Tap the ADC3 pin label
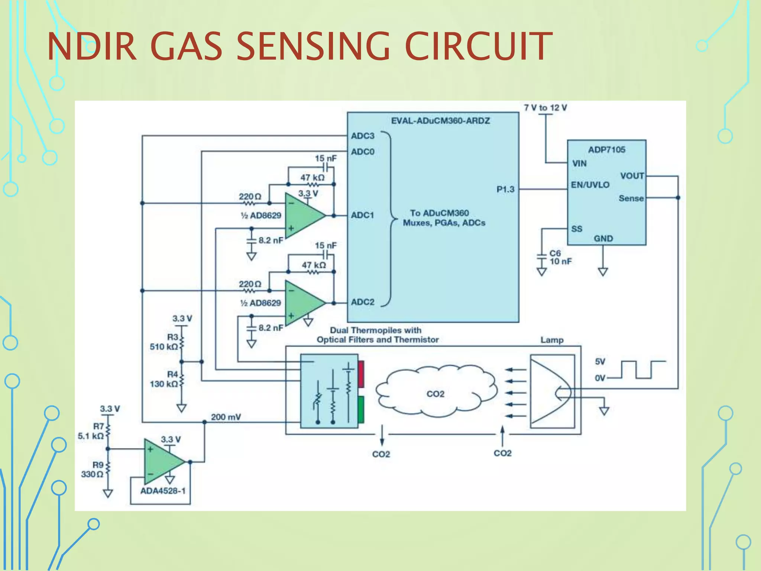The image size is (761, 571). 363,136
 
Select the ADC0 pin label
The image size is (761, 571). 363,152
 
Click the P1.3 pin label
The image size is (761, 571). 505,189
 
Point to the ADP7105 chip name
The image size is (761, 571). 606,149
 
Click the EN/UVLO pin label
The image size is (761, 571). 590,185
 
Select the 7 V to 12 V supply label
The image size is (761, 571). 545,108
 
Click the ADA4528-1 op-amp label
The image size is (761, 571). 163,491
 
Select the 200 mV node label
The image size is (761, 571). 226,417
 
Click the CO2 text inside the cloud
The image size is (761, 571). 435,394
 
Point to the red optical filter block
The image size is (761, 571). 361,374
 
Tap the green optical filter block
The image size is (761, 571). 361,410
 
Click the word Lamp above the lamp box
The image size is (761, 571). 552,340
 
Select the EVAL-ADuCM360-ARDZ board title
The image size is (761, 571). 440,121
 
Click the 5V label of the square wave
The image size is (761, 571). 600,361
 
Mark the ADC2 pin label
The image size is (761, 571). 363,302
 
